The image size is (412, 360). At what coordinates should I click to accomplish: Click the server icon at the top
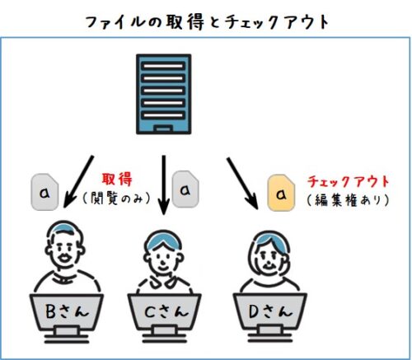[x=164, y=94]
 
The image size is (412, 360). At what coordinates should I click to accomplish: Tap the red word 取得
[x=117, y=179]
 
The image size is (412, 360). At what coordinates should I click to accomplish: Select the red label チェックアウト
[x=349, y=181]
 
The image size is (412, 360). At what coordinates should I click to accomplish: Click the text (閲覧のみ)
[x=117, y=198]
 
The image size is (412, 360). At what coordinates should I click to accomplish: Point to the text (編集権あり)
[x=349, y=200]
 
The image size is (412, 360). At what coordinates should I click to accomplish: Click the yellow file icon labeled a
[x=281, y=194]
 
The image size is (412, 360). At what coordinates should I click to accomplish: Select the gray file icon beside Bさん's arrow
[x=44, y=192]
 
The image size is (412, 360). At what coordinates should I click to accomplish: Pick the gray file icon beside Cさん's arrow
[x=185, y=189]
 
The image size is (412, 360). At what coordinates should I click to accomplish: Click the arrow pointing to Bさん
[x=78, y=182]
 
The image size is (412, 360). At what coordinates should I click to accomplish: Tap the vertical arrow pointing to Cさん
[x=164, y=185]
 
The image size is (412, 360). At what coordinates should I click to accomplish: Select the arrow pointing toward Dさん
[x=242, y=184]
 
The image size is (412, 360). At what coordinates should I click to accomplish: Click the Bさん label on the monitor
[x=68, y=311]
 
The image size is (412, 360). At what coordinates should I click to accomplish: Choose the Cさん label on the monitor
[x=166, y=311]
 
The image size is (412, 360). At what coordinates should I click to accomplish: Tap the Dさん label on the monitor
[x=270, y=311]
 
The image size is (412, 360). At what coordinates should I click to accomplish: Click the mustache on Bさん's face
[x=65, y=258]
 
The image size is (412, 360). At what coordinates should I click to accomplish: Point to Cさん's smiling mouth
[x=163, y=267]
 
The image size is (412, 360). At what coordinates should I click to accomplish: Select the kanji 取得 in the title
[x=185, y=22]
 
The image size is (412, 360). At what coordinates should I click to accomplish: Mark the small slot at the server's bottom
[x=163, y=129]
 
